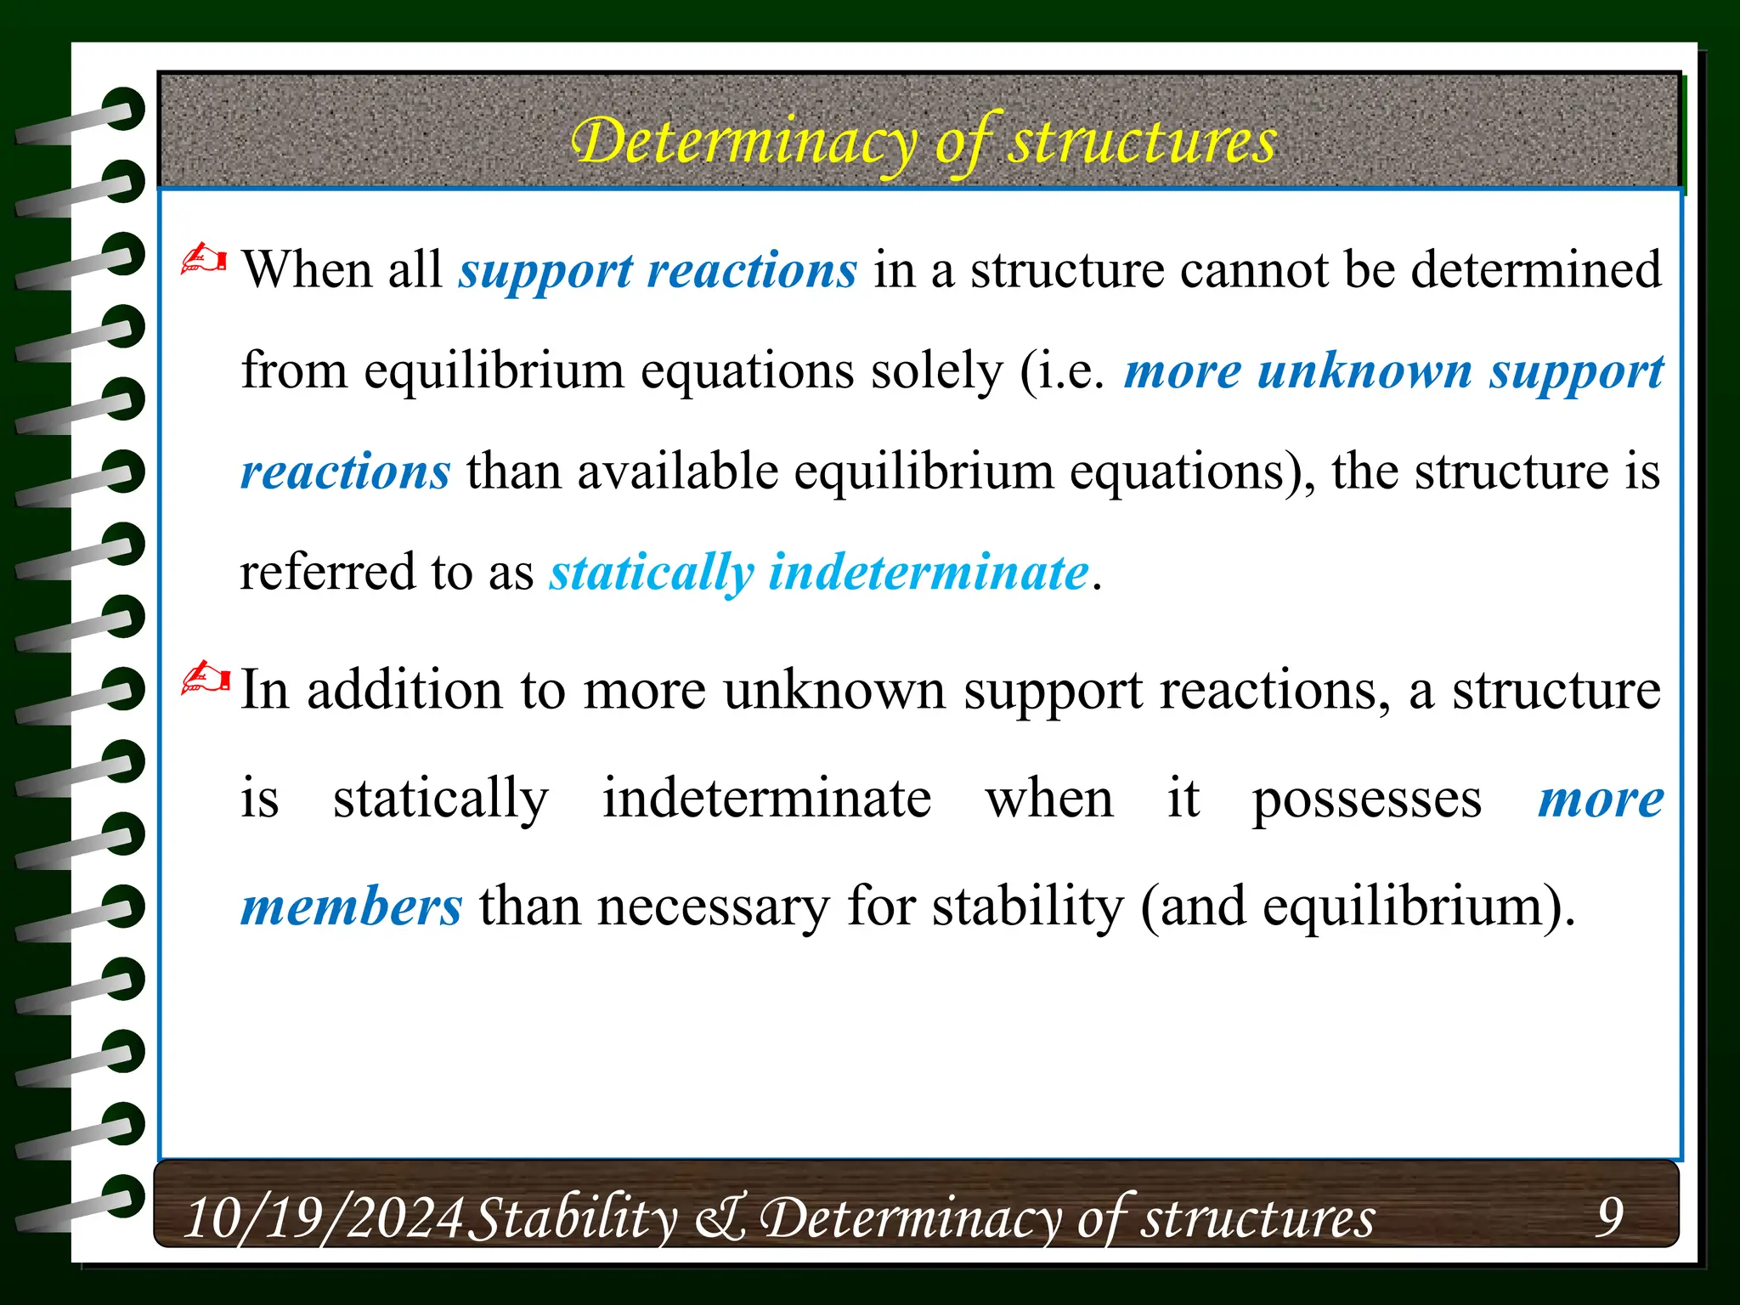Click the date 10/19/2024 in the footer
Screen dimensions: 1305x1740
tap(324, 1217)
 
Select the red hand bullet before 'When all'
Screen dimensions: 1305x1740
tap(204, 259)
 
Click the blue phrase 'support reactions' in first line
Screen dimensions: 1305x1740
tap(658, 271)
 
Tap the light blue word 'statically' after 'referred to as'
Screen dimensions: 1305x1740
tap(652, 573)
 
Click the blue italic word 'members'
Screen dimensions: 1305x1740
tap(351, 907)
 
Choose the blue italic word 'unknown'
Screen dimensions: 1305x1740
tap(1364, 371)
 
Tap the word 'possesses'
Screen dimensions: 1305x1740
tap(1366, 799)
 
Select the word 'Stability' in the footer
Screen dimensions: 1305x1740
tap(573, 1217)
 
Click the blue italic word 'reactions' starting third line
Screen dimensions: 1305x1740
tap(345, 472)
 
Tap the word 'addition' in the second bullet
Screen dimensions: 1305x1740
tap(404, 690)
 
